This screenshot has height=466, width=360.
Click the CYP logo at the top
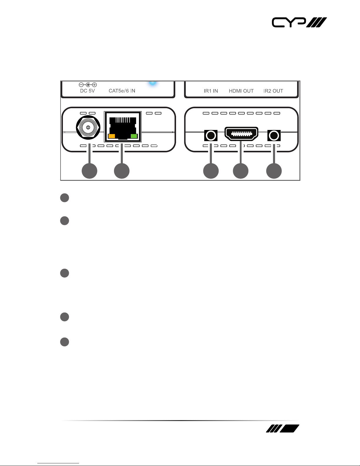[x=299, y=22]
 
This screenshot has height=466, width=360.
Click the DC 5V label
[x=88, y=91]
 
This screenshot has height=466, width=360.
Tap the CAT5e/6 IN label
[x=122, y=91]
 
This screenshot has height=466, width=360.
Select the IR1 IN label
[x=211, y=91]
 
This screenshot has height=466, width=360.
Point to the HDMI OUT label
[x=241, y=91]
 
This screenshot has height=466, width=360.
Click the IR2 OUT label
[x=273, y=91]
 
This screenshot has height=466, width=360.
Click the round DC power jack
[x=88, y=128]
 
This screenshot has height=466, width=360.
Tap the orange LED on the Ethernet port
[x=112, y=136]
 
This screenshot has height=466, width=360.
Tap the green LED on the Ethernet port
[x=134, y=136]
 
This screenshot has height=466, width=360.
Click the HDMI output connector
[x=241, y=134]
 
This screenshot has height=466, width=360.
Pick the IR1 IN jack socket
[x=211, y=136]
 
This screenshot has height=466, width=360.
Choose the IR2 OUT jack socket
[x=274, y=136]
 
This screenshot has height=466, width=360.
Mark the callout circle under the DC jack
[x=90, y=171]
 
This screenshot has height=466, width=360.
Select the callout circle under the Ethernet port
[x=122, y=171]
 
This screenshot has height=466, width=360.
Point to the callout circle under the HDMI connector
[x=241, y=171]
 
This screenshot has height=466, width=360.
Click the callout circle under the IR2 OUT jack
[x=274, y=171]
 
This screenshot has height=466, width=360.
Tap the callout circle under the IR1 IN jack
[x=211, y=171]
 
